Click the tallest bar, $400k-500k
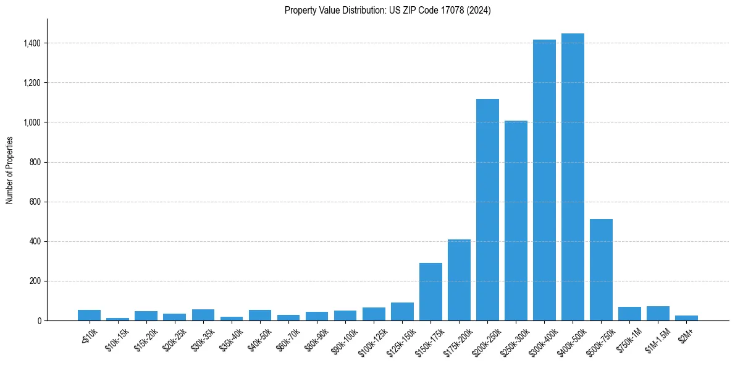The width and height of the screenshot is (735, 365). [573, 177]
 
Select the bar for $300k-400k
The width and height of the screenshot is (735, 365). [544, 180]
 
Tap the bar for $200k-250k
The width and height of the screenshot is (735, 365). [487, 210]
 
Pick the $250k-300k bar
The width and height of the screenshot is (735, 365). [516, 220]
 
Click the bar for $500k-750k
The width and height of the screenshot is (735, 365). [601, 270]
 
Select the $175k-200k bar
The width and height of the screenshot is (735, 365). [459, 280]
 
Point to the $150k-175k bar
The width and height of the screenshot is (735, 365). [430, 291]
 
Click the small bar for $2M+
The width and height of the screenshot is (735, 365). [686, 318]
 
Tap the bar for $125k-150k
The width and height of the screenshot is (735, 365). [402, 312]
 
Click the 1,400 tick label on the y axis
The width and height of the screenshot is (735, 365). [33, 43]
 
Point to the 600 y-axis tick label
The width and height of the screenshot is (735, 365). [36, 202]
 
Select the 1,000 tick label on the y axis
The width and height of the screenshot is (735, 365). [33, 122]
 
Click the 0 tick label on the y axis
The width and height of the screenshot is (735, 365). [39, 321]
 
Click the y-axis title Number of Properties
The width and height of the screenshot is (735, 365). [9, 170]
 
